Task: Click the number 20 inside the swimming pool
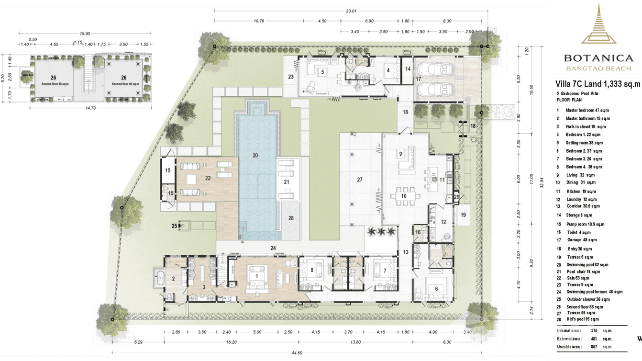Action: coord(255,155)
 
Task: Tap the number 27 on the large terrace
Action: coord(360,180)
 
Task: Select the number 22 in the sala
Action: coord(207,178)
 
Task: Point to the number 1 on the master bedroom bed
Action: coord(256,276)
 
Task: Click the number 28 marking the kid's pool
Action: coord(291,218)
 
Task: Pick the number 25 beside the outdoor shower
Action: coord(175,226)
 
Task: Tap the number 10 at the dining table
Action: coord(403,195)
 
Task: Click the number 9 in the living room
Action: coord(401,153)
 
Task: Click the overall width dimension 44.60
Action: coord(297,352)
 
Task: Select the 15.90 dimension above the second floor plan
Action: coord(85,34)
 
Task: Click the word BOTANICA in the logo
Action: coord(598,58)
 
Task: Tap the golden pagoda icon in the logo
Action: coord(598,24)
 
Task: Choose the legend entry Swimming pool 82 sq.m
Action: coord(587,265)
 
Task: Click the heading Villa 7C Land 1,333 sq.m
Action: coord(597,85)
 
